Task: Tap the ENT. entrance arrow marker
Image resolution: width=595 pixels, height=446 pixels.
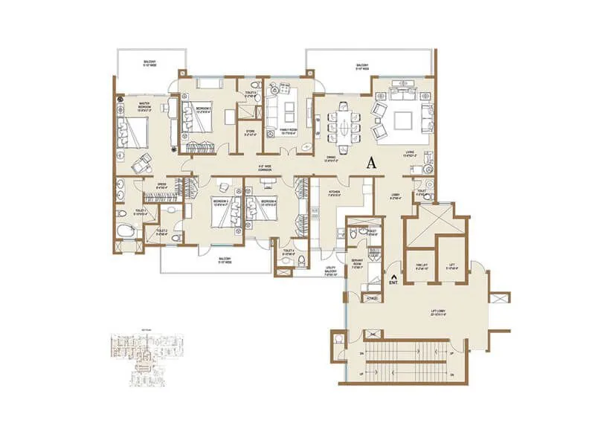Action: pyautogui.click(x=393, y=281)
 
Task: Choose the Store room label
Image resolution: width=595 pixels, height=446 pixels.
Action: pyautogui.click(x=251, y=135)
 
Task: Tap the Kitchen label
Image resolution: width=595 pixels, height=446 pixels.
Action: pyautogui.click(x=335, y=193)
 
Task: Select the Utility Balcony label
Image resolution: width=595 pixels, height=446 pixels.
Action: pyautogui.click(x=332, y=271)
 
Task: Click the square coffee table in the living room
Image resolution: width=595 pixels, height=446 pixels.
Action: pyautogui.click(x=407, y=118)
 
